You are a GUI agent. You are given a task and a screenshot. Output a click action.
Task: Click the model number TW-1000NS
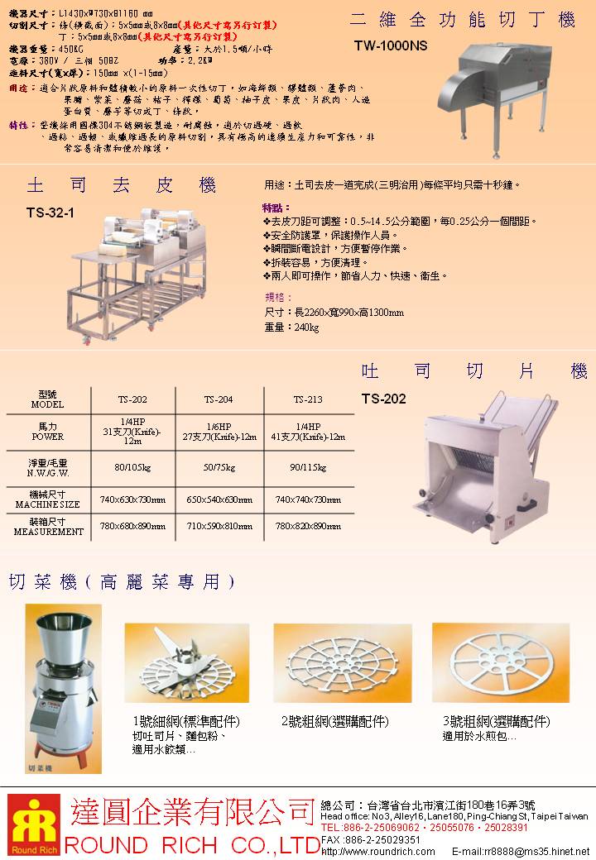pyautogui.click(x=391, y=48)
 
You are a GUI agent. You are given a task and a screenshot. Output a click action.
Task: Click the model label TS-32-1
pyautogui.click(x=50, y=213)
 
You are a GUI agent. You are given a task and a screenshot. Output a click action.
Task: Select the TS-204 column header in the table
pyautogui.click(x=219, y=399)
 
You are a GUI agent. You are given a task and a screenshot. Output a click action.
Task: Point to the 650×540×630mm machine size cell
pyautogui.click(x=219, y=499)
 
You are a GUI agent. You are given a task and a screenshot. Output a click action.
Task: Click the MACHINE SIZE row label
pyautogui.click(x=47, y=499)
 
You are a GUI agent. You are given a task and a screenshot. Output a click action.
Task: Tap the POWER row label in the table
pyautogui.click(x=47, y=431)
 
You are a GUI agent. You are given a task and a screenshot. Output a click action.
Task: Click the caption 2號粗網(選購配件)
pyautogui.click(x=335, y=721)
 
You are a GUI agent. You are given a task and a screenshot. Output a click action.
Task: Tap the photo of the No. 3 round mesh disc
pyautogui.click(x=500, y=662)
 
